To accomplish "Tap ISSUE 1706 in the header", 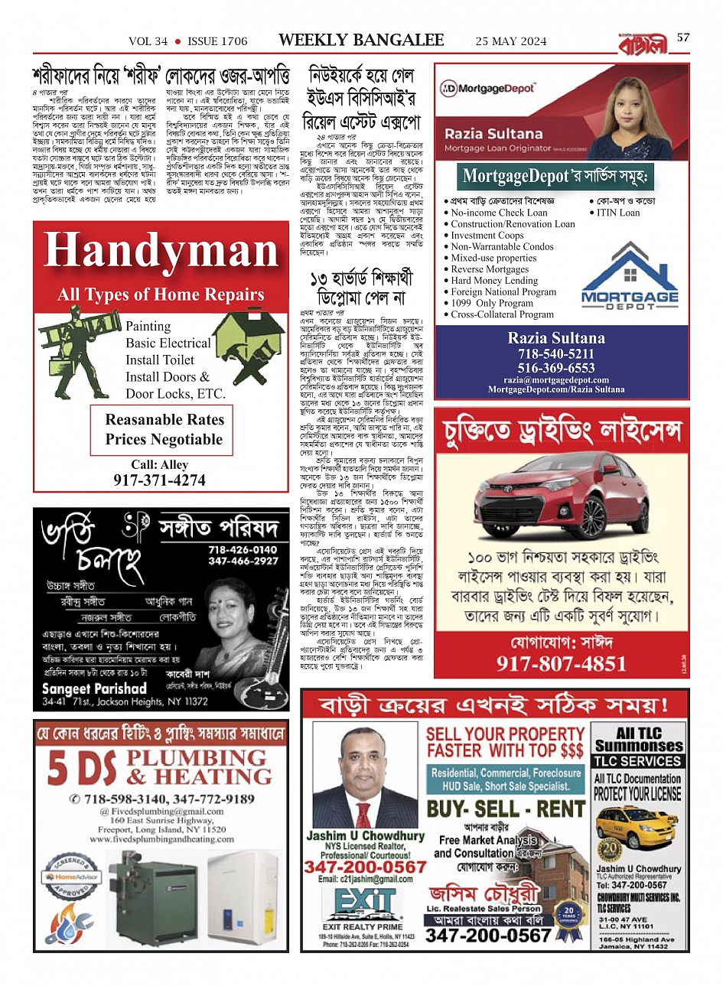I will tap(217, 41).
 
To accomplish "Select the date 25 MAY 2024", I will tap(511, 41).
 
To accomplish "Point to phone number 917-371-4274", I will tap(159, 480).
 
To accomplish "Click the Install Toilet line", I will tap(160, 360).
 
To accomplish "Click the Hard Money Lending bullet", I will tap(494, 281).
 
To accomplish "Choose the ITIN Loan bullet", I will tap(618, 213).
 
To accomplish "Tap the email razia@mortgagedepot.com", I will tap(556, 379).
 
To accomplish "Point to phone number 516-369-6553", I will tap(556, 368).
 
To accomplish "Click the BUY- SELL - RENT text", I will tap(506, 809).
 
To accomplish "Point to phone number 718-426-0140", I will tap(243, 550).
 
